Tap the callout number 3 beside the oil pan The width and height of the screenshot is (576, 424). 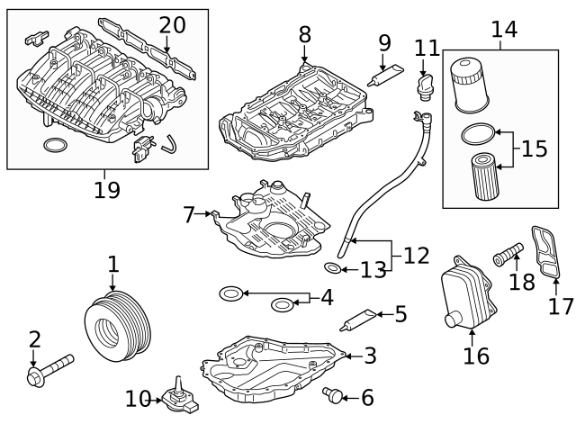point(370,356)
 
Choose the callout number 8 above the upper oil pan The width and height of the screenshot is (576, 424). point(304,34)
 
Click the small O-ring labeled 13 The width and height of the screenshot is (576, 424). point(332,268)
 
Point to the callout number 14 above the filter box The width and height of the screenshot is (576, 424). point(504,29)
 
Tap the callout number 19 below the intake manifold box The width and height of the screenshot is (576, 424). point(107,189)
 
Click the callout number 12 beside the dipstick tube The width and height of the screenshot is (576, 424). point(416,256)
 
